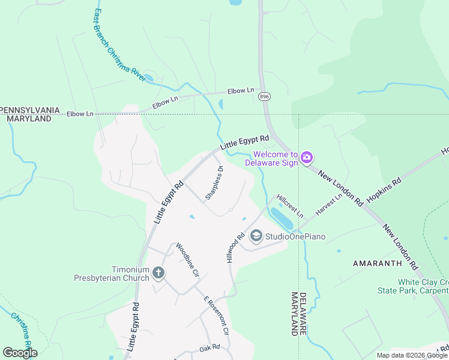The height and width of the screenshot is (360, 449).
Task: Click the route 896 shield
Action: pyautogui.click(x=264, y=96)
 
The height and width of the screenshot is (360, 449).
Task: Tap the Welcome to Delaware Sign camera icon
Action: pyautogui.click(x=307, y=157)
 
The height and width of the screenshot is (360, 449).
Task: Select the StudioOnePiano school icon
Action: pyautogui.click(x=256, y=236)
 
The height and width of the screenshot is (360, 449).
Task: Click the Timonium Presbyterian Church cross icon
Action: pyautogui.click(x=158, y=274)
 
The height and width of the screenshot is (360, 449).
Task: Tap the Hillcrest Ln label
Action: pyautogui.click(x=290, y=206)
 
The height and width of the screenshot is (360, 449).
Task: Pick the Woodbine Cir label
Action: pyautogui.click(x=187, y=259)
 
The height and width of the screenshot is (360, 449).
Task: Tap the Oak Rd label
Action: pyautogui.click(x=209, y=347)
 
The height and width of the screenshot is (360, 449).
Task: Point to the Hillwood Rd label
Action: pyautogui.click(x=236, y=248)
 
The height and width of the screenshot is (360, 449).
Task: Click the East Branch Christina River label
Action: pyautogui.click(x=121, y=45)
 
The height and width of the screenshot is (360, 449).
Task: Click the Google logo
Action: pyautogui.click(x=20, y=353)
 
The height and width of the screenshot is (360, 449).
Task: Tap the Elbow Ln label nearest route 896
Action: pyautogui.click(x=241, y=91)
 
